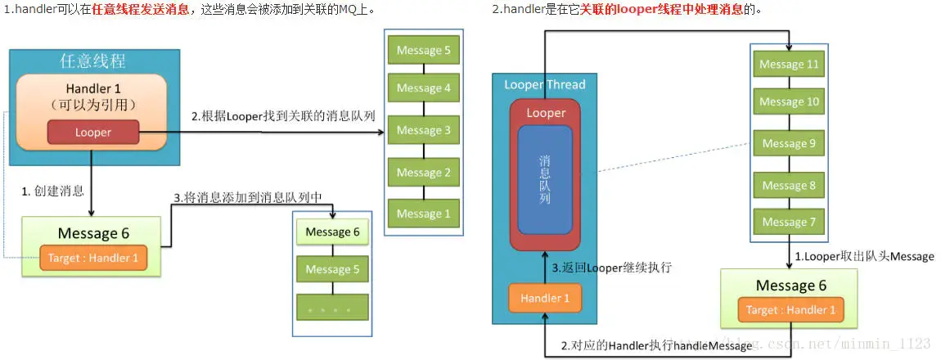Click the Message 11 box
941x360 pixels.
pyautogui.click(x=789, y=65)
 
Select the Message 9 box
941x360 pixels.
pyautogui.click(x=789, y=144)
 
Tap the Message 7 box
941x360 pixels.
pyautogui.click(x=789, y=222)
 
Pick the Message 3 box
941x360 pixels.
pyautogui.click(x=424, y=130)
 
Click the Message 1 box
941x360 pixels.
pyautogui.click(x=424, y=214)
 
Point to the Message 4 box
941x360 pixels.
pyautogui.click(x=424, y=88)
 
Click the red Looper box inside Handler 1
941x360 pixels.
pyautogui.click(x=92, y=133)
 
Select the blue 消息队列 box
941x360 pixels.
pyautogui.click(x=546, y=181)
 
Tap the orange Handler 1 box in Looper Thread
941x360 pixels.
pyautogui.click(x=546, y=299)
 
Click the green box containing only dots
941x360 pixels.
pyautogui.click(x=332, y=308)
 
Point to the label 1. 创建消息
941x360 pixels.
pyautogui.click(x=52, y=191)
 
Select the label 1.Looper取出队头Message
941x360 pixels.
pyautogui.click(x=864, y=256)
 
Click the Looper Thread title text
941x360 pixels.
pyautogui.click(x=545, y=84)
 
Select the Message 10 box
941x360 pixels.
pyautogui.click(x=789, y=102)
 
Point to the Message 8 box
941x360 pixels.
pyautogui.click(x=789, y=186)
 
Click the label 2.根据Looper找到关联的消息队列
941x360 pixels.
pyautogui.click(x=283, y=116)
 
